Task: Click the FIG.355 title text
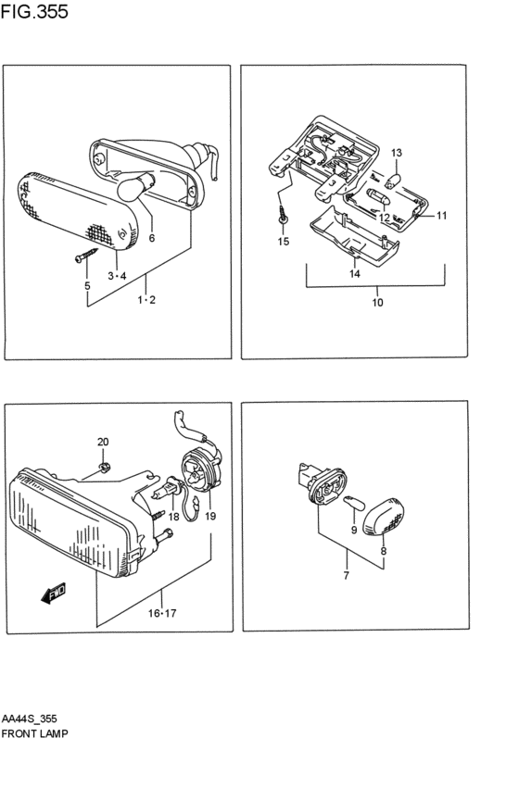[x=34, y=11]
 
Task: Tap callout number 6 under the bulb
[x=152, y=238]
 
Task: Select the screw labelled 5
[x=86, y=255]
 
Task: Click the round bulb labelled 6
[x=136, y=186]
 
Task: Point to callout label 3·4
[x=117, y=275]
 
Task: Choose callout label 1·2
[x=146, y=300]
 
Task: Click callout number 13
[x=397, y=153]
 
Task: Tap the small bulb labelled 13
[x=396, y=180]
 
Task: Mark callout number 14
[x=355, y=274]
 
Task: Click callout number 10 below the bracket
[x=378, y=303]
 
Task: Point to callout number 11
[x=441, y=216]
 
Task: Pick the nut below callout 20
[x=105, y=468]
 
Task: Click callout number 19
[x=210, y=516]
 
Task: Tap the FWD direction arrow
[x=54, y=593]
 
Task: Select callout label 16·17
[x=162, y=613]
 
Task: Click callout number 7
[x=346, y=576]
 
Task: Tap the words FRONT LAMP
[x=34, y=733]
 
